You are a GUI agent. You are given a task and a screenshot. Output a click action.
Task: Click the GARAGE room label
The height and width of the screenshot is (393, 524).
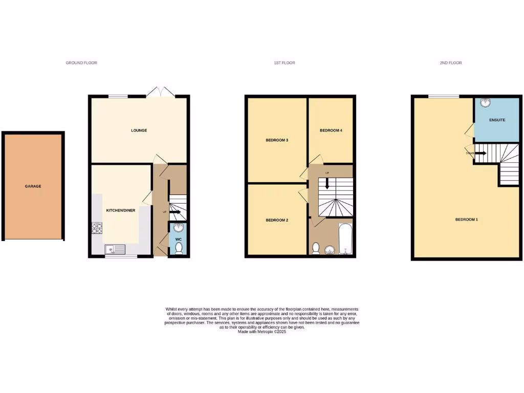coord(33,186)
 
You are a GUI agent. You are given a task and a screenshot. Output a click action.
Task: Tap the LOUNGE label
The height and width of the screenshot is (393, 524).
coord(139,130)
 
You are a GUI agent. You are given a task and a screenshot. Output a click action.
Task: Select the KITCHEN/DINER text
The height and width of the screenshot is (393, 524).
coord(120,210)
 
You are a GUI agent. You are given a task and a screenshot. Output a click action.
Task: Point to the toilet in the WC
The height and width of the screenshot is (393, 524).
coord(179,249)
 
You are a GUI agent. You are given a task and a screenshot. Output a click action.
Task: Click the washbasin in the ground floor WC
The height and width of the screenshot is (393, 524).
coord(179,228)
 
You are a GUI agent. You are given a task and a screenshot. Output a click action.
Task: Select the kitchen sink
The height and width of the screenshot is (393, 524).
coord(114,249)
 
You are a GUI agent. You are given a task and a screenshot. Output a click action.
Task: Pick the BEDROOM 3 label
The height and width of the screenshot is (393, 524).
coord(277,140)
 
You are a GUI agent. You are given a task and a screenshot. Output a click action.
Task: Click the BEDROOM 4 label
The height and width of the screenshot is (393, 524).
coord(331,130)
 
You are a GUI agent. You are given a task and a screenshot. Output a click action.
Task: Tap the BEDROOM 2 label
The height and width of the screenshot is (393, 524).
coord(277,220)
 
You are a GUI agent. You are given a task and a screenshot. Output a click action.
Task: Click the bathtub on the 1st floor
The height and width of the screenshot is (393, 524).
coord(346,238)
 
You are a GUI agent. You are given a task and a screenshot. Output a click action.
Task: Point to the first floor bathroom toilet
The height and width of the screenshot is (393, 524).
coord(316,249)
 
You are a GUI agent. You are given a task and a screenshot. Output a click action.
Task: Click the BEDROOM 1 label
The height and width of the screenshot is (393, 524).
coord(467,220)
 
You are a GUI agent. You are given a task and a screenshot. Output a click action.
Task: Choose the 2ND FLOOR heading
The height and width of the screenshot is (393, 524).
coord(450,63)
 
